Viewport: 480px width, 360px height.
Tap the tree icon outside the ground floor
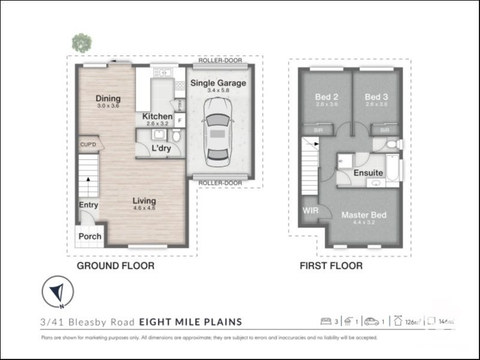pos(82,43)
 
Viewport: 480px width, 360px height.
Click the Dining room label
pos(108,98)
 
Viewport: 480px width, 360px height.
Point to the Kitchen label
pos(157,116)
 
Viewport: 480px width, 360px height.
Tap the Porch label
pos(90,236)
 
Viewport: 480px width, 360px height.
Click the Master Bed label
pos(364,215)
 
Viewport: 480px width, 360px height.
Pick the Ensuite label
pos(368,173)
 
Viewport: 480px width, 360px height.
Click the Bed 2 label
pos(327,97)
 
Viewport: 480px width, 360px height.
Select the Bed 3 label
pos(376,97)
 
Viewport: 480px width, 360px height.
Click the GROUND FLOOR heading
pos(115,265)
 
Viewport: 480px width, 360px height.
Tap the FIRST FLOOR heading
pos(331,265)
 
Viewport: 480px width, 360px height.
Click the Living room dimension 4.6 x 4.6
pos(144,208)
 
